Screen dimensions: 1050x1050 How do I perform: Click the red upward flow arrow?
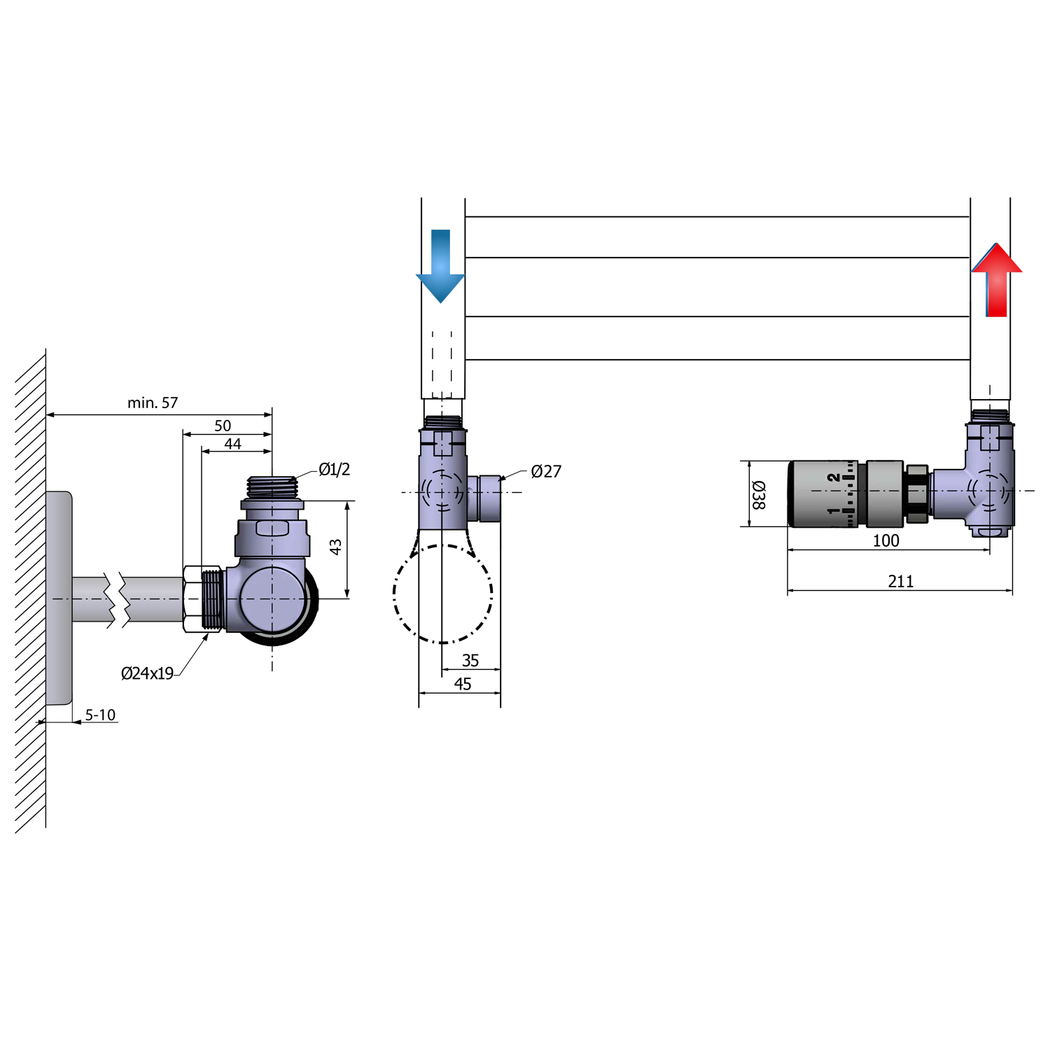point(997,280)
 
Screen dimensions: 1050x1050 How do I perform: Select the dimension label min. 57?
point(153,402)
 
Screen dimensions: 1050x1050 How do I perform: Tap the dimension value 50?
point(223,426)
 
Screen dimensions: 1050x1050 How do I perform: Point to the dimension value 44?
point(232,444)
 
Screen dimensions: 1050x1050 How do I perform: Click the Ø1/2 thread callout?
point(334,469)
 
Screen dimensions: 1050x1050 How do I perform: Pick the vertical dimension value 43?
point(335,547)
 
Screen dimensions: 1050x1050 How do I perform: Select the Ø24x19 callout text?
point(147,673)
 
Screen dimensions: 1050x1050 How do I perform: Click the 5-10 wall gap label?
point(100,715)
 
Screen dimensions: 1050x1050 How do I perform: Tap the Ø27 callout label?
point(546,471)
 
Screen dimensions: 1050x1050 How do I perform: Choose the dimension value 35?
point(470,660)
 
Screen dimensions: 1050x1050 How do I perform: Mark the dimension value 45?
point(463,684)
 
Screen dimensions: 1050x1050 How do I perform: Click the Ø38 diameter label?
point(759,494)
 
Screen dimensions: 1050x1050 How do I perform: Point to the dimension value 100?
point(885,540)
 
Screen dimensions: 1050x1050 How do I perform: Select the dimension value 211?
point(901,581)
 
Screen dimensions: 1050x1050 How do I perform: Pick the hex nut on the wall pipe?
point(192,599)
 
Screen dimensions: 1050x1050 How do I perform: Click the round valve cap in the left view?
point(273,599)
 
